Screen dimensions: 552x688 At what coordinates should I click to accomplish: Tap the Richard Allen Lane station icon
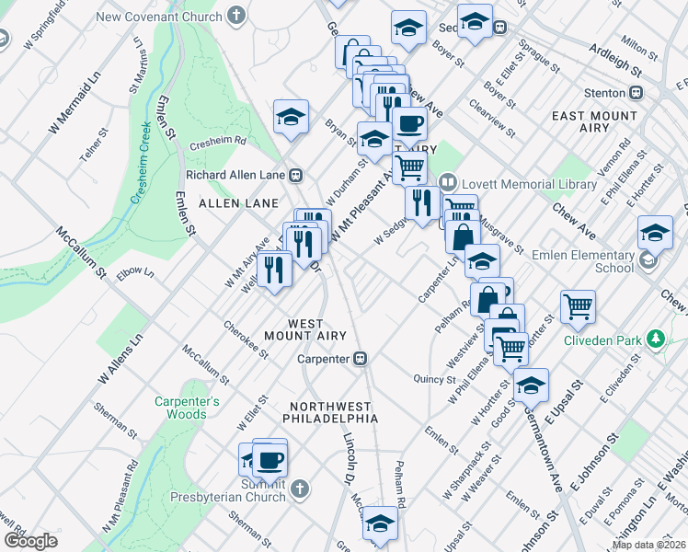point(296,175)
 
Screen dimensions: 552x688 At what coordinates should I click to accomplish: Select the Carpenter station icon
point(362,358)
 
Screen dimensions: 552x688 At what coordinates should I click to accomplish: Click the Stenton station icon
point(636,92)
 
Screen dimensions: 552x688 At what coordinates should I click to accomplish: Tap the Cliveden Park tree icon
point(655,340)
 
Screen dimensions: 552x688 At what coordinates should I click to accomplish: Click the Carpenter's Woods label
point(187,408)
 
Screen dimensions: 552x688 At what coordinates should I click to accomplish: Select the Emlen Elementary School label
point(589,261)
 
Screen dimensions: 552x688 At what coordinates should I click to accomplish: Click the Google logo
point(30,541)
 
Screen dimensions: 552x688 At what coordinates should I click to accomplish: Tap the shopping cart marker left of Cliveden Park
point(578,305)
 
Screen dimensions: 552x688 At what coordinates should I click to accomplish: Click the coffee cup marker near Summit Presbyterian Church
point(269,457)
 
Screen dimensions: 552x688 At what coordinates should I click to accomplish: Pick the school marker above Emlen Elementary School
point(655,232)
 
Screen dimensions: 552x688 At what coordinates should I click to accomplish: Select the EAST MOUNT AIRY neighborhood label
point(593,121)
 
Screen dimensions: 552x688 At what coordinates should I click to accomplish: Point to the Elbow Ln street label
point(135,272)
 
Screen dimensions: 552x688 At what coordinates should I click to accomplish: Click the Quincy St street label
point(435,378)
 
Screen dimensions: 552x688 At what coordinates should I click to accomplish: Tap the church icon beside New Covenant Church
point(236,16)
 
